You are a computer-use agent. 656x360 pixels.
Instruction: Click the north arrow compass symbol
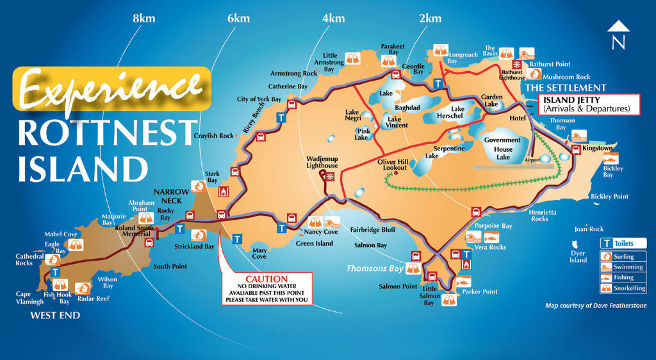618,35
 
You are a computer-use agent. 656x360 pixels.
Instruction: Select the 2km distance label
430,19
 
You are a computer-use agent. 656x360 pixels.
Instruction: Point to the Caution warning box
266,289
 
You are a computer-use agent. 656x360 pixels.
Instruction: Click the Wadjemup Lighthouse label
322,161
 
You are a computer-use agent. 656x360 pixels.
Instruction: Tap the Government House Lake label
503,148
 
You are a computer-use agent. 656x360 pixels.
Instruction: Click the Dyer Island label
578,257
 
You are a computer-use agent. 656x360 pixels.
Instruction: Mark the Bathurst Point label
549,64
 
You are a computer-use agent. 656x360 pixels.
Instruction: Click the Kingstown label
598,148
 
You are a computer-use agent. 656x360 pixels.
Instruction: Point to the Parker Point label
480,291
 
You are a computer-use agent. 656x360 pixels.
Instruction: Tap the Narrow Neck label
171,195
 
